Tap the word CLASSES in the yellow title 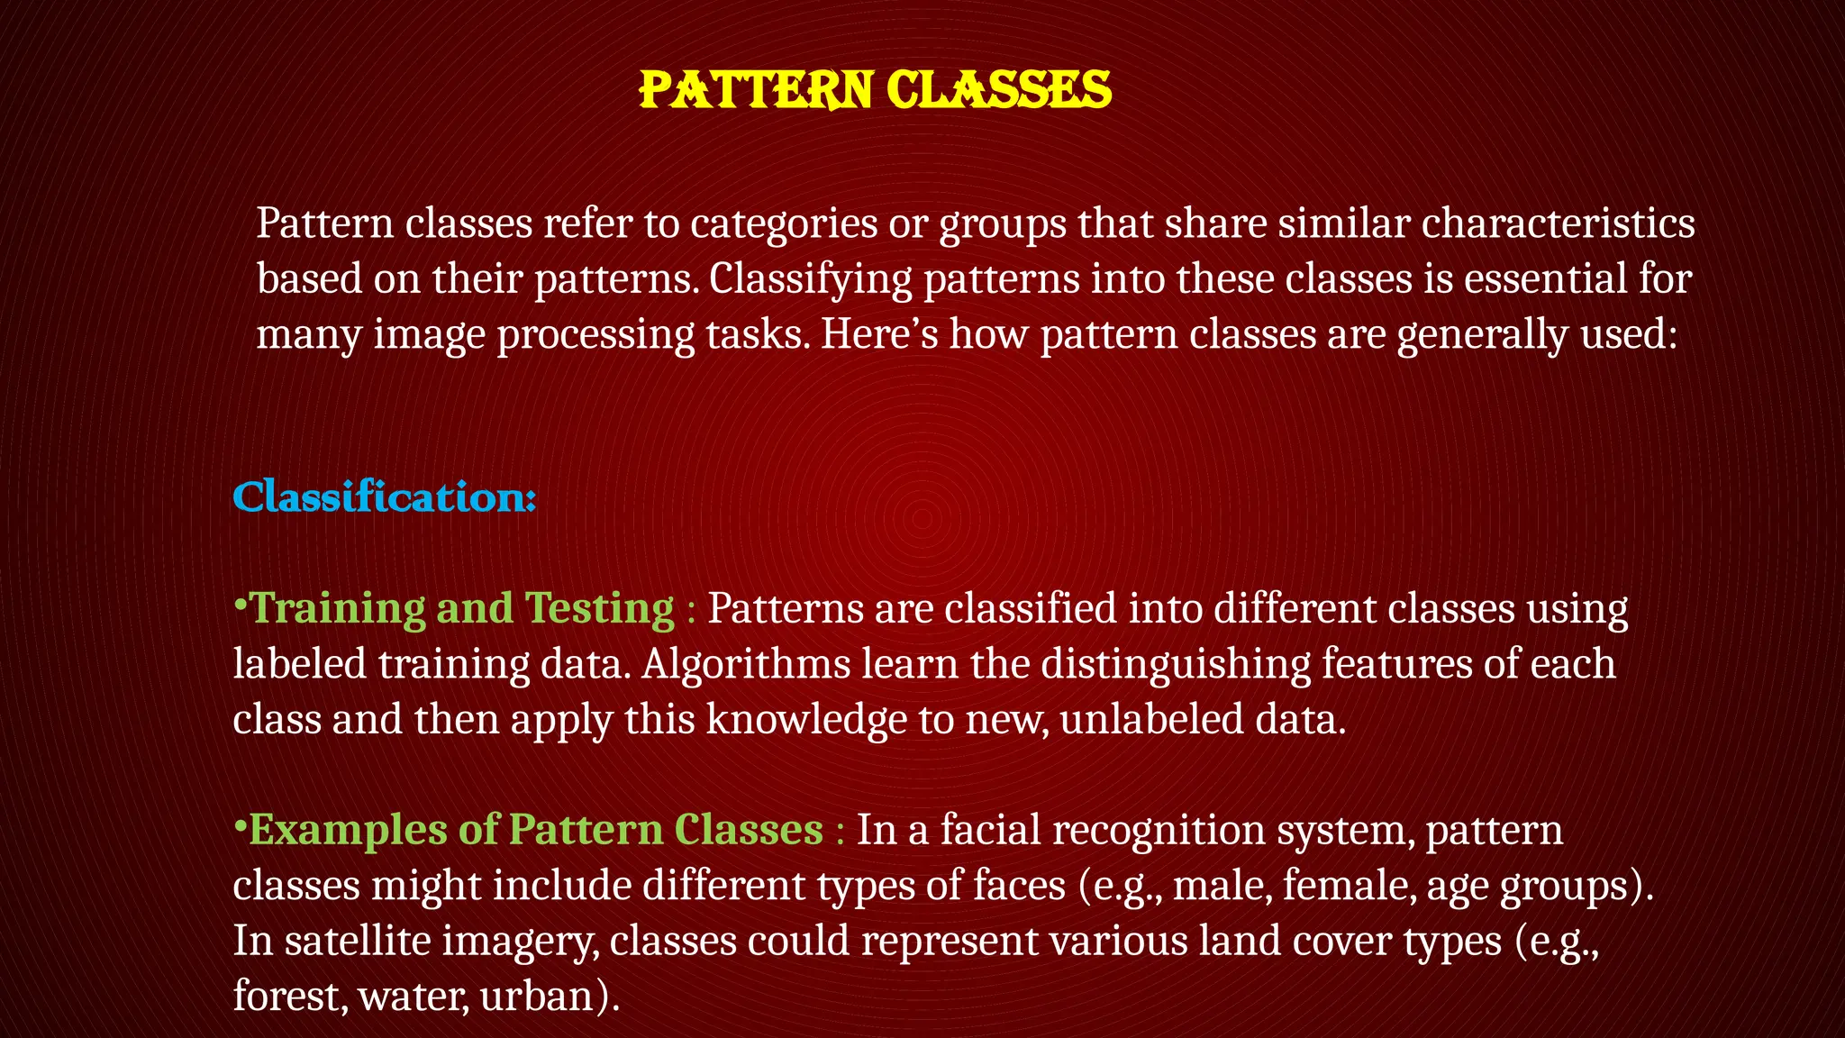point(998,90)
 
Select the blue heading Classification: point(385,497)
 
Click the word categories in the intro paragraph point(784,223)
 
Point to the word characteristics point(1558,223)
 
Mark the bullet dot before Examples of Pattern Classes point(240,825)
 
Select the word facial point(990,830)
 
